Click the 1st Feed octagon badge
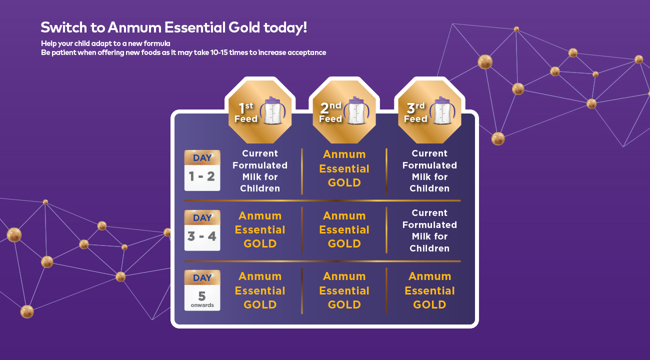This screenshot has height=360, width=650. pos(260,111)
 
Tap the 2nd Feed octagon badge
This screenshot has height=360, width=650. pos(344,111)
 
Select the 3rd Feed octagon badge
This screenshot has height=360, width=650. pos(429,111)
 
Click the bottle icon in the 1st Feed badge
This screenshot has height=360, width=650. pos(272,110)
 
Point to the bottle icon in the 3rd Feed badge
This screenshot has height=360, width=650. pos(442,110)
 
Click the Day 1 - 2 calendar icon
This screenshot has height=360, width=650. pos(202,170)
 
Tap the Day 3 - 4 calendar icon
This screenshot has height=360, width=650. pos(202,230)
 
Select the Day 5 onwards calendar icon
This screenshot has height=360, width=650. pos(202,290)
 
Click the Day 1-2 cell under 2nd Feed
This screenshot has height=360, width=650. pos(344,168)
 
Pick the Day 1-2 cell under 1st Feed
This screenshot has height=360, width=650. pos(260,171)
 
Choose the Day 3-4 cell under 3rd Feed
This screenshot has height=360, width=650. pos(429,230)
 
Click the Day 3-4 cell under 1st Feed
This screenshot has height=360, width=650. pos(260,230)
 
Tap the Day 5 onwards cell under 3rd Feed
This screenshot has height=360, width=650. pos(429,290)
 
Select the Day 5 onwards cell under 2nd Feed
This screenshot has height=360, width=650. pos(344,290)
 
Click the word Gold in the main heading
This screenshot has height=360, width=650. pos(244,27)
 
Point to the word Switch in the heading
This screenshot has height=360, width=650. pos(64,27)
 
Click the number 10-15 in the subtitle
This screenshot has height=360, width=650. pos(219,52)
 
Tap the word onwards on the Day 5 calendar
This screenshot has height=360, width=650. pos(202,305)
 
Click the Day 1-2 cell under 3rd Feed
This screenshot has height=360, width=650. pos(429,171)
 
